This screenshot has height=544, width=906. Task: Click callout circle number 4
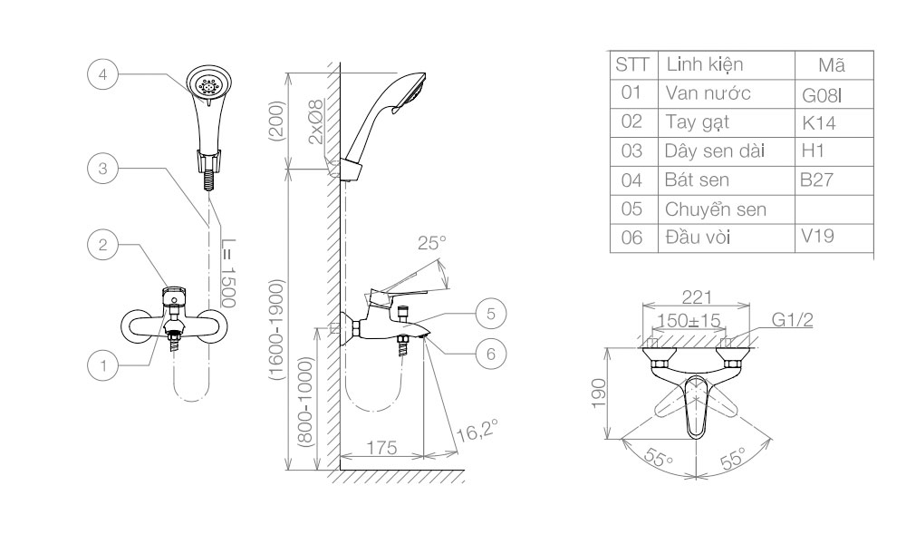click(102, 74)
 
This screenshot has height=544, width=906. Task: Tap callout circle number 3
click(102, 168)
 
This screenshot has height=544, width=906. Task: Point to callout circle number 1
click(102, 365)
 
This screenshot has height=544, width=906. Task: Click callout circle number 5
click(490, 314)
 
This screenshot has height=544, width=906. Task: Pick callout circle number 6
click(490, 354)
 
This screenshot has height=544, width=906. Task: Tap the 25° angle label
click(431, 243)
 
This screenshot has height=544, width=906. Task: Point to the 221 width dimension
click(697, 296)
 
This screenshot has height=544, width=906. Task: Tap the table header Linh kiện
click(704, 64)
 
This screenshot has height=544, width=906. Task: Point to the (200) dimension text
click(277, 120)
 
